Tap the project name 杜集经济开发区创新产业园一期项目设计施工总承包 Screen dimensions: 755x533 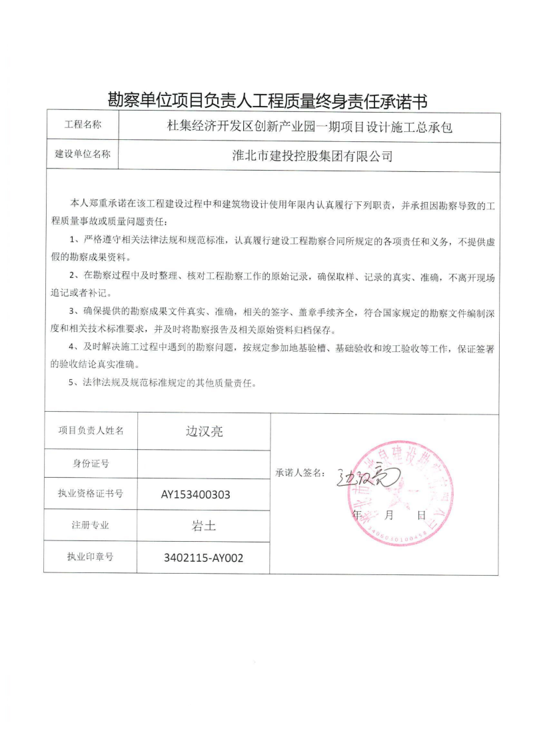[x=309, y=126]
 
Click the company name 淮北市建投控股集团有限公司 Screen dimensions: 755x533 [x=309, y=156]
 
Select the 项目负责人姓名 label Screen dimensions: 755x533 [x=91, y=430]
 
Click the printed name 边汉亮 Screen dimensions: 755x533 [x=204, y=431]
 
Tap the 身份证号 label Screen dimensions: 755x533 [x=91, y=463]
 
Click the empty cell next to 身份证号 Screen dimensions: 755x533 [x=204, y=463]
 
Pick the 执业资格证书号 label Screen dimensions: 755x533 [x=91, y=494]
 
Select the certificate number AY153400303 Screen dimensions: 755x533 [x=204, y=494]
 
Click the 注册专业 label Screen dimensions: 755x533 [x=91, y=524]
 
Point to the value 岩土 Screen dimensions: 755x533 [x=204, y=525]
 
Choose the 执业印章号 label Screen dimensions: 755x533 [x=91, y=556]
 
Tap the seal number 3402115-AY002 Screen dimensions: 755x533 [x=204, y=558]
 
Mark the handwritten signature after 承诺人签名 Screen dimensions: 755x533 [x=360, y=477]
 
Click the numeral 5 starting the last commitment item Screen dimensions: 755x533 [x=72, y=383]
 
